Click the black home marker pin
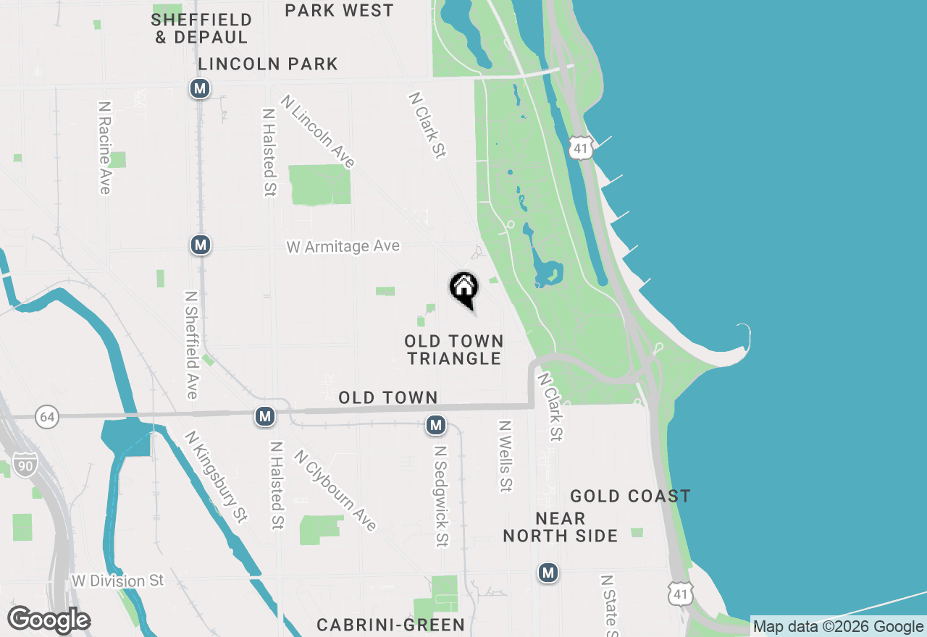click(464, 288)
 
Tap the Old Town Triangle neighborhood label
click(454, 350)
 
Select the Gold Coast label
click(630, 496)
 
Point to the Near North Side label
click(561, 527)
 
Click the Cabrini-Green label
click(391, 625)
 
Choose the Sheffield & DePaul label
click(201, 28)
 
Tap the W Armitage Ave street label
click(343, 247)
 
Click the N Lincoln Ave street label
click(319, 132)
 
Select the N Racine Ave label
click(105, 147)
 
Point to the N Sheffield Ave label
click(191, 345)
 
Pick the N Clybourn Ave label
click(335, 490)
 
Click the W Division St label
click(118, 581)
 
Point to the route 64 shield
click(47, 417)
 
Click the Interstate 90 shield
click(25, 465)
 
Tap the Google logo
click(49, 620)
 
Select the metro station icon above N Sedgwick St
click(435, 425)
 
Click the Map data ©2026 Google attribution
click(838, 627)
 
